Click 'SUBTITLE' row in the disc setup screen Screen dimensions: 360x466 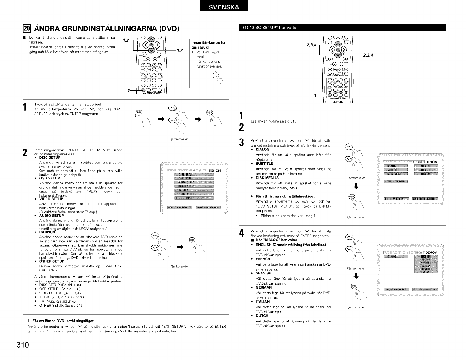[395, 170]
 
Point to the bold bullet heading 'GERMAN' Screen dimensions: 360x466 [263, 287]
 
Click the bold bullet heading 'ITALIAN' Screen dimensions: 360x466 [263, 302]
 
